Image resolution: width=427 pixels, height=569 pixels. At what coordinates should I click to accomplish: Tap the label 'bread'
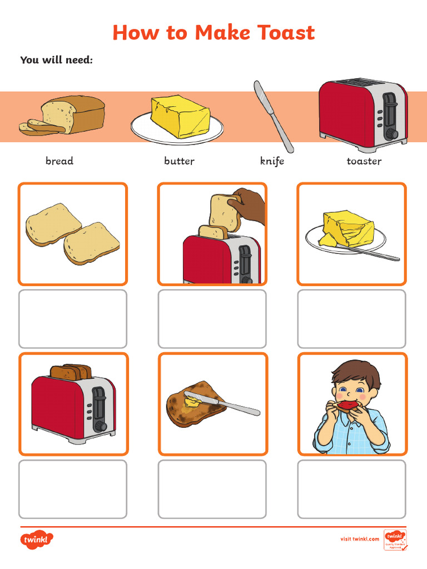point(59,161)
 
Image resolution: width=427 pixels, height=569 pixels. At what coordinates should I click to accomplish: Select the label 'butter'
point(179,161)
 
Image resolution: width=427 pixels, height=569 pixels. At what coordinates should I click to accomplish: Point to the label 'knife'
point(272,161)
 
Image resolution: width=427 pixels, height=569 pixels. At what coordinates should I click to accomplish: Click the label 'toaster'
point(364,161)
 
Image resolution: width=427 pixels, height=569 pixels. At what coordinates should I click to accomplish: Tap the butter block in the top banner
point(180,116)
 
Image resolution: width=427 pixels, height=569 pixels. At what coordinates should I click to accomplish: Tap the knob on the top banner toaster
point(391,133)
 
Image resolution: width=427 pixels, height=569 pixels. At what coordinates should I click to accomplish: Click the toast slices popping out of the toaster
point(70,371)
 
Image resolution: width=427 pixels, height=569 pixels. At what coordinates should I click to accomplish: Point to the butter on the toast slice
point(192,401)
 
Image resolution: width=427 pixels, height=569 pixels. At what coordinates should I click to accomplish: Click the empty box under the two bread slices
point(73,319)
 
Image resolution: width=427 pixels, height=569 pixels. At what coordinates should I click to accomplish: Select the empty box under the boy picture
point(351,489)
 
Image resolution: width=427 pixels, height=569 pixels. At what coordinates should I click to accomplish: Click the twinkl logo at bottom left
point(37,539)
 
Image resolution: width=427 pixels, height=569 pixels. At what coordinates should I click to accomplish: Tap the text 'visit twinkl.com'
point(359,539)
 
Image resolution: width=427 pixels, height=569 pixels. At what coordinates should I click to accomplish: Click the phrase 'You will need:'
point(56,59)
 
